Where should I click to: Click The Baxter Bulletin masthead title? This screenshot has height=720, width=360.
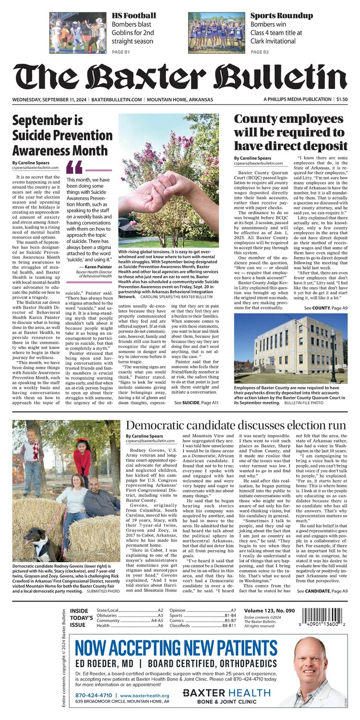[180, 76]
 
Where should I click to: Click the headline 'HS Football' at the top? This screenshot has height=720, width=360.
[133, 15]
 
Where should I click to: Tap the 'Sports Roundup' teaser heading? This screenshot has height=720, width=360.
[281, 15]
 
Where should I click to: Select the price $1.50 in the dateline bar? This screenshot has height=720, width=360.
[342, 99]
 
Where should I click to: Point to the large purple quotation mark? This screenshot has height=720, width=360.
[74, 167]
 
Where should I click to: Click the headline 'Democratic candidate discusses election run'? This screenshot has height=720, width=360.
[236, 426]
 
